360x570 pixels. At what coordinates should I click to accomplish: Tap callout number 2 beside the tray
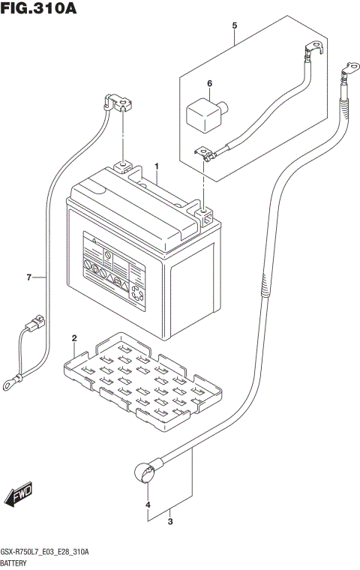(74, 338)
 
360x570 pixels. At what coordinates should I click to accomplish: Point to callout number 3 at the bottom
(170, 521)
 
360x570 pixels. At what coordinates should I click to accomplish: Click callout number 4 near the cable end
(148, 505)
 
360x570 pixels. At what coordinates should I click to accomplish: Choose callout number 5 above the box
(234, 26)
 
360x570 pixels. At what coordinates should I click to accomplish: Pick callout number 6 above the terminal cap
(209, 82)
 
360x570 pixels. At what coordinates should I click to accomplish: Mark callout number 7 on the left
(28, 278)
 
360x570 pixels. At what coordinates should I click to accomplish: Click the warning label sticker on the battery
(112, 269)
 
